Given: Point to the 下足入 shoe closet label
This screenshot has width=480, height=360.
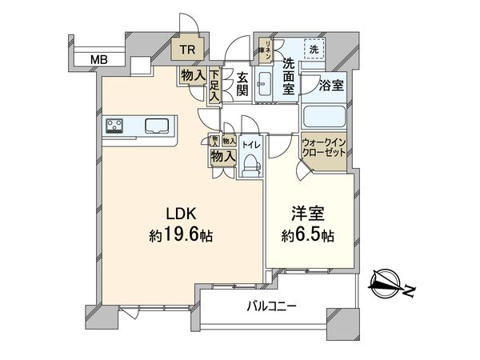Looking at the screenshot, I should pos(215,86).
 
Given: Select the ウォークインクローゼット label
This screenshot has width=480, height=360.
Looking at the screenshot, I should pos(323,148).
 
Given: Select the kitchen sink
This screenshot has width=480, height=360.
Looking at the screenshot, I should pos(157,126).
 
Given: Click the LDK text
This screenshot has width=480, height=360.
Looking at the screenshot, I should pos(182,214).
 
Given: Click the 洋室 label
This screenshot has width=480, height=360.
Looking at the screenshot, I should pos(306,214).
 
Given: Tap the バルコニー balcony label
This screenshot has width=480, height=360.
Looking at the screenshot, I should pos(271,306).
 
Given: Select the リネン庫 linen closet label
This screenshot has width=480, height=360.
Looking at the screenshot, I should pos(270,50).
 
